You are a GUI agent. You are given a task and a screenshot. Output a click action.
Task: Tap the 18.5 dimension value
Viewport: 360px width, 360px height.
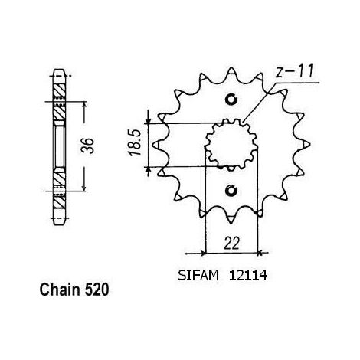point(135,142)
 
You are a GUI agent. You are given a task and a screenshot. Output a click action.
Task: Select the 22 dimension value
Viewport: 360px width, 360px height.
point(232,244)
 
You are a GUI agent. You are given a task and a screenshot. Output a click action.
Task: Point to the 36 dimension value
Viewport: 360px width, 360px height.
point(87,146)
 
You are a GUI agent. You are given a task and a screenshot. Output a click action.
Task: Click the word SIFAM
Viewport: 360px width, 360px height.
point(198,276)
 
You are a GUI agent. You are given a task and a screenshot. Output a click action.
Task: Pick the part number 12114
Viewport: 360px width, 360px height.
point(248,276)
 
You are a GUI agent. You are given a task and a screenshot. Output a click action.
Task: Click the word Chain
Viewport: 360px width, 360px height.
point(60,290)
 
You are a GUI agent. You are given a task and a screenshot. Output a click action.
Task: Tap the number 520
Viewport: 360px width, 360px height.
point(97,290)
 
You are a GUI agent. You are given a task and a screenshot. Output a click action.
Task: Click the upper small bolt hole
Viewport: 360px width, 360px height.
point(231,99)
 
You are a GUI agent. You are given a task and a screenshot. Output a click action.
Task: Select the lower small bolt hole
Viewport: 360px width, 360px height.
point(231,191)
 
